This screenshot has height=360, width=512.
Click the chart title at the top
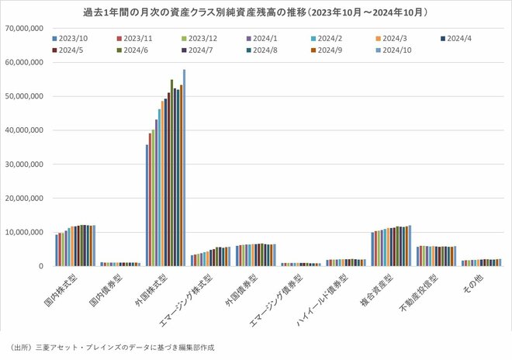[256, 13]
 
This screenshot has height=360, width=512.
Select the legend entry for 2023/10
[73, 37]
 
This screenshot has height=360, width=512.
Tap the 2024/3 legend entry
[395, 37]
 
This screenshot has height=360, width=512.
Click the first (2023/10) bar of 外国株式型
[147, 205]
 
